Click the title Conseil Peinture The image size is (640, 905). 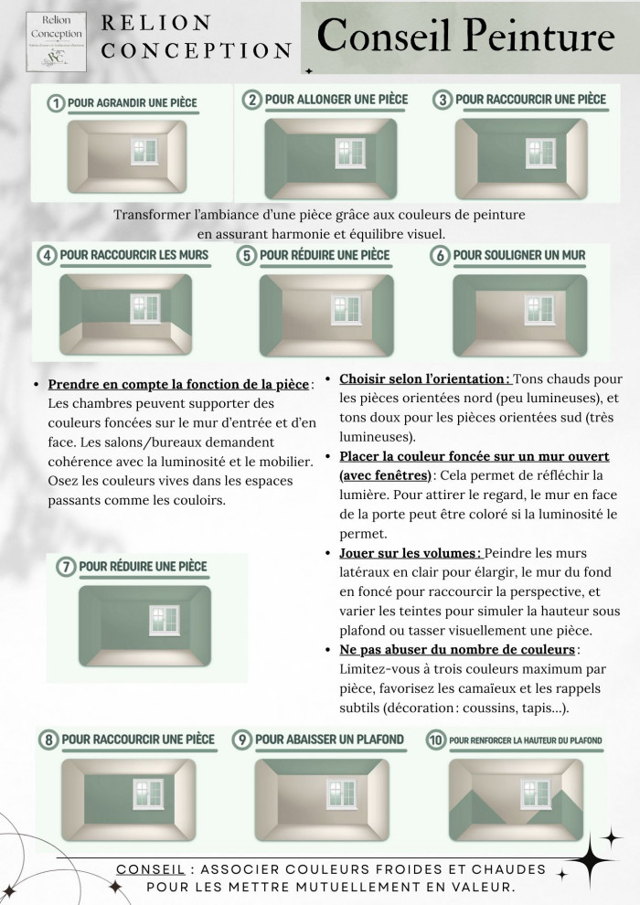click(x=466, y=37)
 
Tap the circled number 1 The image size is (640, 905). click(x=57, y=103)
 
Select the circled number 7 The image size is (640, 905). click(x=66, y=568)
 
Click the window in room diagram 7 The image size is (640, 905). click(x=164, y=621)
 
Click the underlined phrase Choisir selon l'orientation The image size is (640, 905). click(x=423, y=378)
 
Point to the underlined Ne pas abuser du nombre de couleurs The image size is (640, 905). click(x=458, y=650)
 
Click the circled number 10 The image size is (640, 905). click(x=434, y=740)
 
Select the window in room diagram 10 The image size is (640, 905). click(x=535, y=792)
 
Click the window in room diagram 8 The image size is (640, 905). click(x=147, y=792)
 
